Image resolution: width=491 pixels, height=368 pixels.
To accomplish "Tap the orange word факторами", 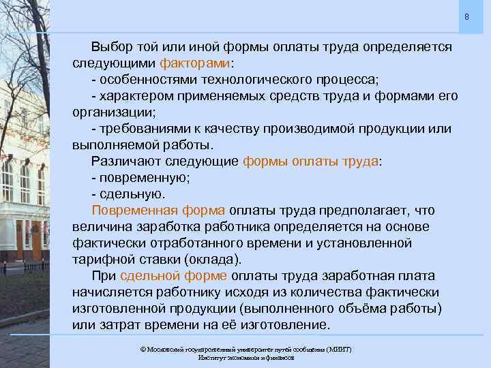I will click(x=196, y=63).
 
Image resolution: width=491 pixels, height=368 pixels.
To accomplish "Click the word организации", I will click(x=112, y=112).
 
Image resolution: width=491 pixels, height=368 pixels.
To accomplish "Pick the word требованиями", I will click(x=142, y=129).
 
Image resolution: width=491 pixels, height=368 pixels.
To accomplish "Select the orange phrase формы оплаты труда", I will click(x=310, y=162).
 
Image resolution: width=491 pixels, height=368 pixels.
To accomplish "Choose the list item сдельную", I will click(x=133, y=194).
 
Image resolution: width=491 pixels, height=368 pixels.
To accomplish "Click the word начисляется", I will click(x=110, y=292).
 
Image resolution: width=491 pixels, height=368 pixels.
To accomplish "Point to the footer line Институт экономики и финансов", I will click(x=245, y=357).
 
